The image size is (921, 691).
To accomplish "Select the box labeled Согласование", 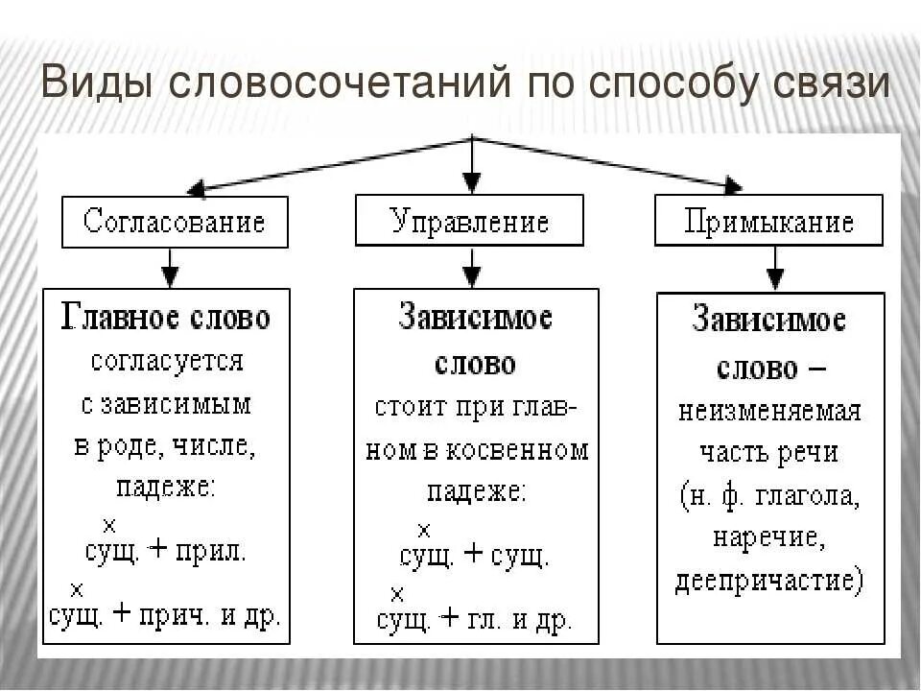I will tap(174, 223).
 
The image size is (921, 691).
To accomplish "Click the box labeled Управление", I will tap(470, 223).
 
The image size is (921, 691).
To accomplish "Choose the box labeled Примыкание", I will tap(768, 224).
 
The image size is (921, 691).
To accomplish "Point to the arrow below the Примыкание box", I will tap(773, 270).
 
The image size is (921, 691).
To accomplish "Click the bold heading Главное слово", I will tap(166, 317).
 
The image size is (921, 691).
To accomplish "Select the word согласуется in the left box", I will tap(167, 362).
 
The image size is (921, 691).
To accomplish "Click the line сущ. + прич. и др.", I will tap(165, 614).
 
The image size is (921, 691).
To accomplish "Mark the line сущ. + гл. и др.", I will tap(474, 620).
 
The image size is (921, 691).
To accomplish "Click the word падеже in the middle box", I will tap(476, 492).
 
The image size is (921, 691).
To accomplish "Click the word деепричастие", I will tap(768, 582).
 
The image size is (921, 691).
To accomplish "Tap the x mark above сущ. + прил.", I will tap(108, 526).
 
